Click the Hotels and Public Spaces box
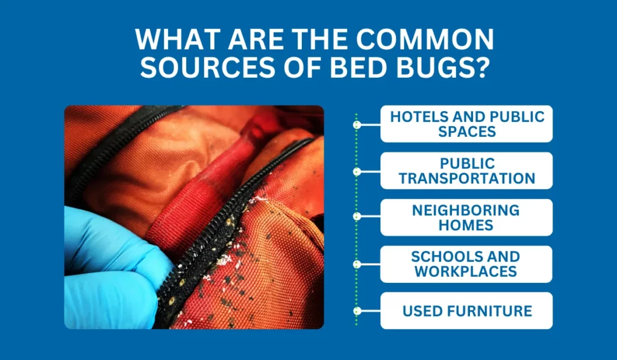click(x=466, y=124)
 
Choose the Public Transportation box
click(x=466, y=171)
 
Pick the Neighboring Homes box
click(x=466, y=217)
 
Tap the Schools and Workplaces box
click(x=466, y=264)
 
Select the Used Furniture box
click(x=466, y=311)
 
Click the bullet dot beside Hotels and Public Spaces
click(x=357, y=125)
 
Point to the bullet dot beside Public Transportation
click(x=357, y=171)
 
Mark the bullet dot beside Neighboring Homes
click(x=357, y=216)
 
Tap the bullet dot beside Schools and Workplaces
click(x=357, y=264)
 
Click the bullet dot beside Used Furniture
click(x=357, y=311)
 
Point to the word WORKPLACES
click(x=466, y=271)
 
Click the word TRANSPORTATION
click(x=466, y=178)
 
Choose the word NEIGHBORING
click(x=466, y=210)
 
